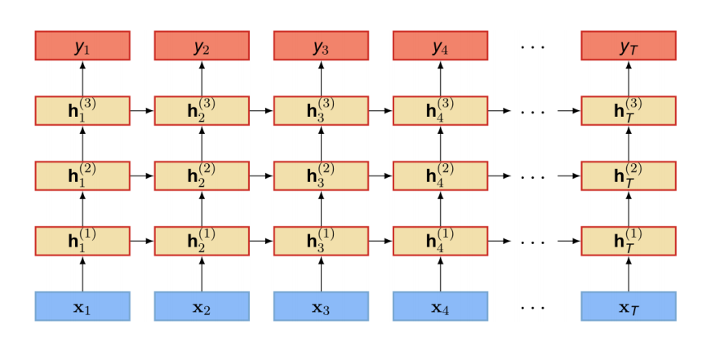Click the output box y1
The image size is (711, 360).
coord(82,46)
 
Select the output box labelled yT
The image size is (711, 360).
coord(629,46)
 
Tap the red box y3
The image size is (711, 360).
coord(321,46)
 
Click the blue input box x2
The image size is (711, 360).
coord(202,306)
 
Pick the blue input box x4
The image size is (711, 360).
coord(440,306)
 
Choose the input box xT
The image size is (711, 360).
coord(629,306)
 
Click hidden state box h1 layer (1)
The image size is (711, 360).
coord(82,241)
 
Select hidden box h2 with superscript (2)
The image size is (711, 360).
coord(202,176)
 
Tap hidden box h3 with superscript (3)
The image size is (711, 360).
coord(321,111)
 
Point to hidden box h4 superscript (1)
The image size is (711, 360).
coord(440,241)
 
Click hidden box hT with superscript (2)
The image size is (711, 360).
coord(629,176)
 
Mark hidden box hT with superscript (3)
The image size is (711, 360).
coord(629,111)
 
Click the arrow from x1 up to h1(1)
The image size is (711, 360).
coord(82,273)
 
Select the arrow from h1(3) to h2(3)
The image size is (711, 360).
coord(142,111)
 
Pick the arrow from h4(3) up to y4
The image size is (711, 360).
coord(440,78)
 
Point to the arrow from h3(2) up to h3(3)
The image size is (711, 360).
coord(321,144)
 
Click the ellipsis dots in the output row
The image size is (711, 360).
coord(533,47)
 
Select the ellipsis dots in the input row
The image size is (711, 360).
coord(533,308)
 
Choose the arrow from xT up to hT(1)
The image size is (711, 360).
coord(629,273)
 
